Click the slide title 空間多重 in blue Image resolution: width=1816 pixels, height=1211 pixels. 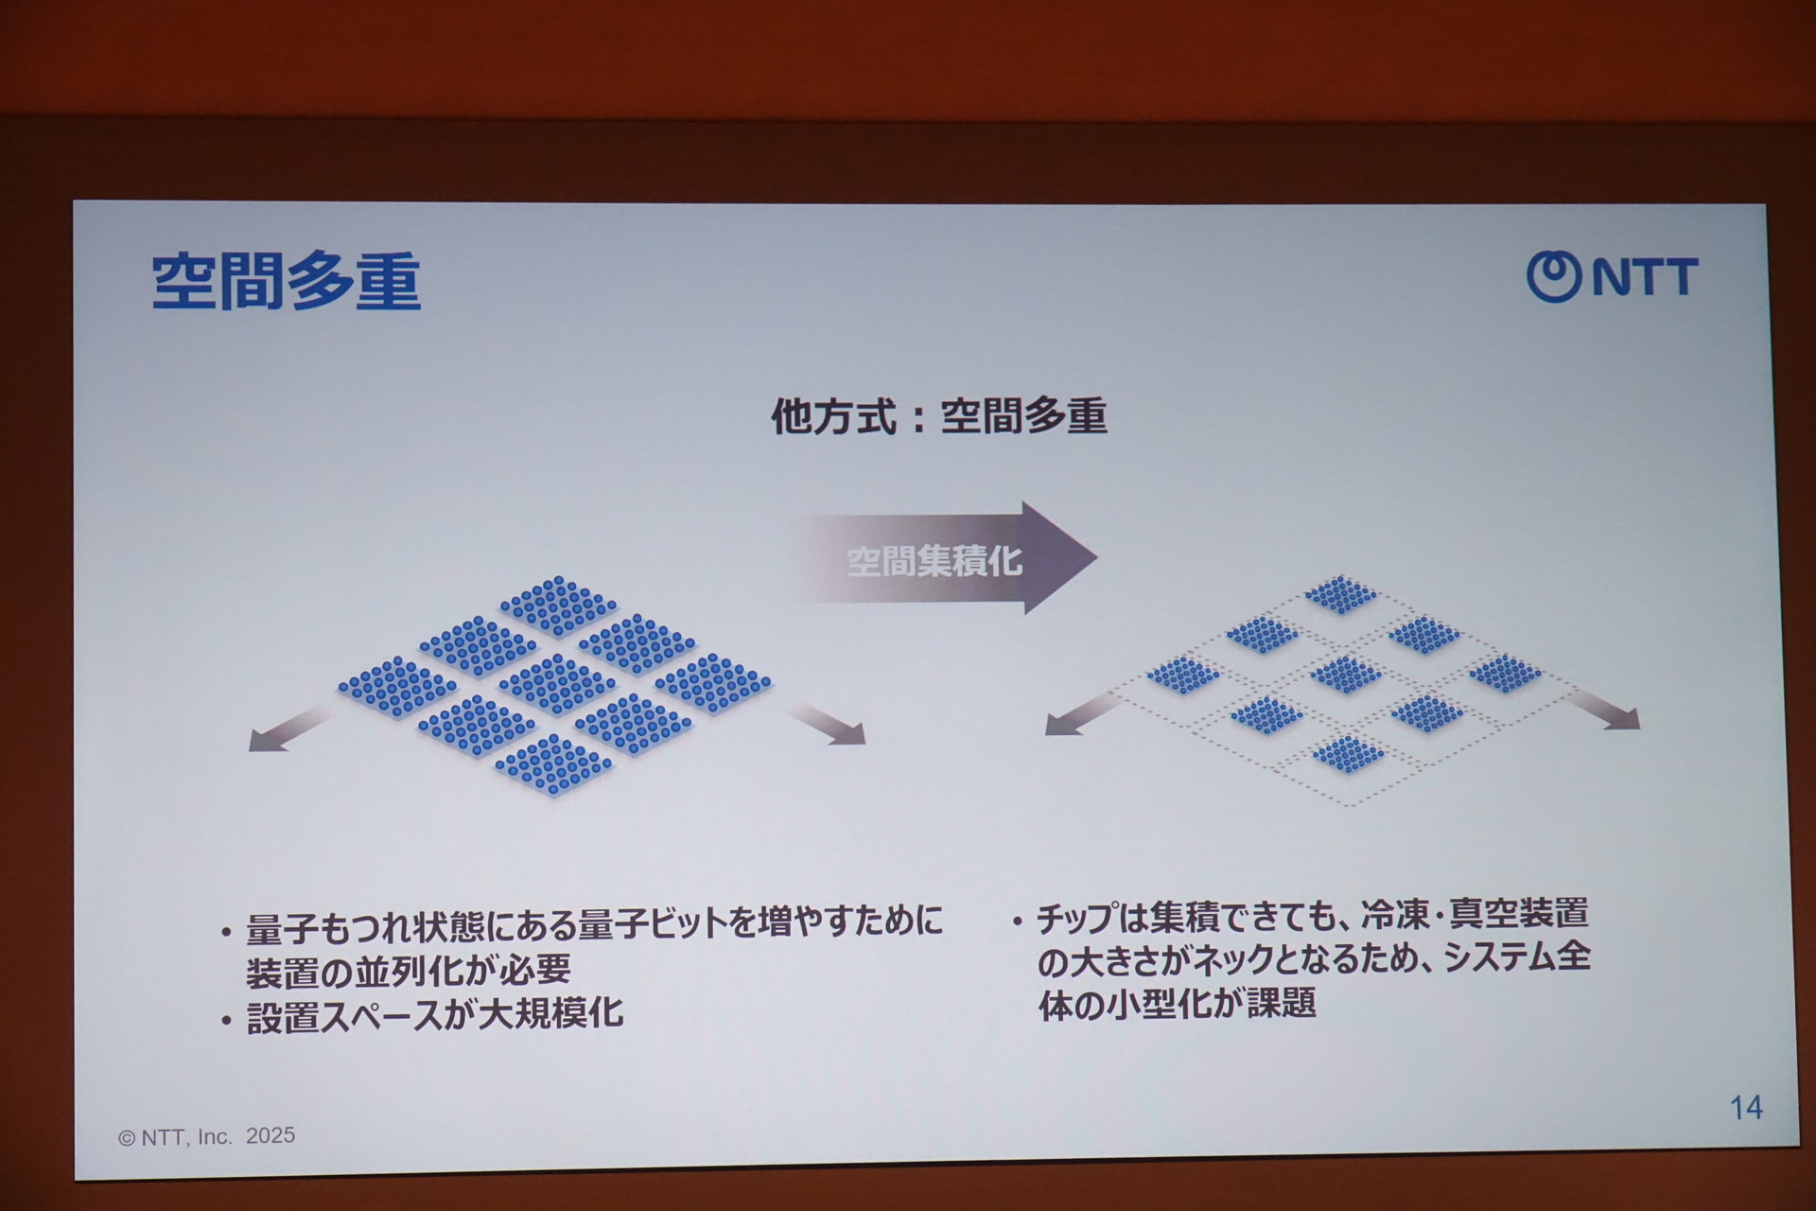286,281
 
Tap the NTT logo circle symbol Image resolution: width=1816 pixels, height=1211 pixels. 1553,276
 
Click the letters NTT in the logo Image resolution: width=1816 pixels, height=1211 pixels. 1645,276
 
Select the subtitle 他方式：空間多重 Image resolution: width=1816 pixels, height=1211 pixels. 938,415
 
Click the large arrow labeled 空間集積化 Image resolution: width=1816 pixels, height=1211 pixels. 946,558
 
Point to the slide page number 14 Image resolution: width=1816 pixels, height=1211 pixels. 1746,1107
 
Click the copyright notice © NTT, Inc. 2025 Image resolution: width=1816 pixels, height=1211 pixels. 206,1136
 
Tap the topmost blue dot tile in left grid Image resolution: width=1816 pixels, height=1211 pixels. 558,605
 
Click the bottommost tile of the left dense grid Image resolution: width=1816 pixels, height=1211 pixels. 554,764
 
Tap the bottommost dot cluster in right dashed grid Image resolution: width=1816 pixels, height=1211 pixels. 1349,754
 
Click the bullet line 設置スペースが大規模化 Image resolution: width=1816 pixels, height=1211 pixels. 435,1015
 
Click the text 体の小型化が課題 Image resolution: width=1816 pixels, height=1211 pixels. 1178,1003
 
